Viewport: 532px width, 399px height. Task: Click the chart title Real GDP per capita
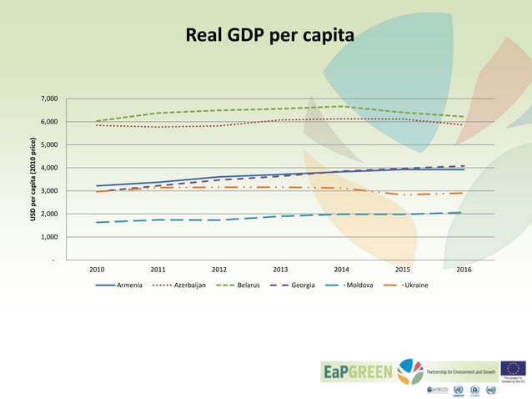[x=269, y=36]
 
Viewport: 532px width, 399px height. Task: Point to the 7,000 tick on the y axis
[x=49, y=99]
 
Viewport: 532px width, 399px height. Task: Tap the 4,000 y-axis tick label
[x=49, y=168]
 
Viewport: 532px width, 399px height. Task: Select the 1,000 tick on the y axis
[x=49, y=237]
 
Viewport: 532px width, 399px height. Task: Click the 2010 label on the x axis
[x=97, y=270]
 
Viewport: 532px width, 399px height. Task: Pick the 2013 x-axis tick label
[x=280, y=270]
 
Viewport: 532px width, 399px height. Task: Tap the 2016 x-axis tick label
[x=464, y=270]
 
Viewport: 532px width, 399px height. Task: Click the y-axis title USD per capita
[x=33, y=179]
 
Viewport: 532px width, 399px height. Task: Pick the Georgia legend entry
[x=302, y=285]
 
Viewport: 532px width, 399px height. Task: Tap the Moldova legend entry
[x=358, y=285]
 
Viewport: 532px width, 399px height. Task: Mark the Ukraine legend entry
[x=415, y=285]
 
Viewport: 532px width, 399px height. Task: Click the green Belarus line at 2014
[x=342, y=106]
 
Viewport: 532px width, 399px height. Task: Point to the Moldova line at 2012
[x=219, y=220]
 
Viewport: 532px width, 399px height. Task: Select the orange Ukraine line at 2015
[x=403, y=194]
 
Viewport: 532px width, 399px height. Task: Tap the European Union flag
[x=513, y=368]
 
